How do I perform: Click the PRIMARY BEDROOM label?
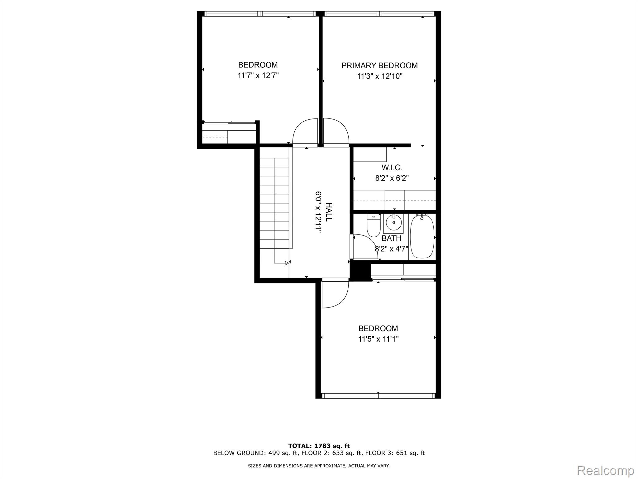(x=379, y=65)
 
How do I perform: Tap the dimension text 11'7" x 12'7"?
(x=258, y=75)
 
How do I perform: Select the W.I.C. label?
(x=392, y=168)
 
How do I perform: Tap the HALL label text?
(x=328, y=212)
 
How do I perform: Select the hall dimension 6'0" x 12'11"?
(x=318, y=212)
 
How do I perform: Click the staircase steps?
(x=274, y=203)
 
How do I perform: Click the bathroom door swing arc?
(x=368, y=245)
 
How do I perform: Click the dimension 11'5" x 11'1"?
(x=378, y=339)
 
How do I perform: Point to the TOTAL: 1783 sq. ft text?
(x=319, y=446)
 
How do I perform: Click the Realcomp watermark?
(x=605, y=470)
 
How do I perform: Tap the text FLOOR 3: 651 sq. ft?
(x=395, y=453)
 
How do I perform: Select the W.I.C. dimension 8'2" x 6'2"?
(x=392, y=178)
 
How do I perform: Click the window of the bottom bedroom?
(x=378, y=396)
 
